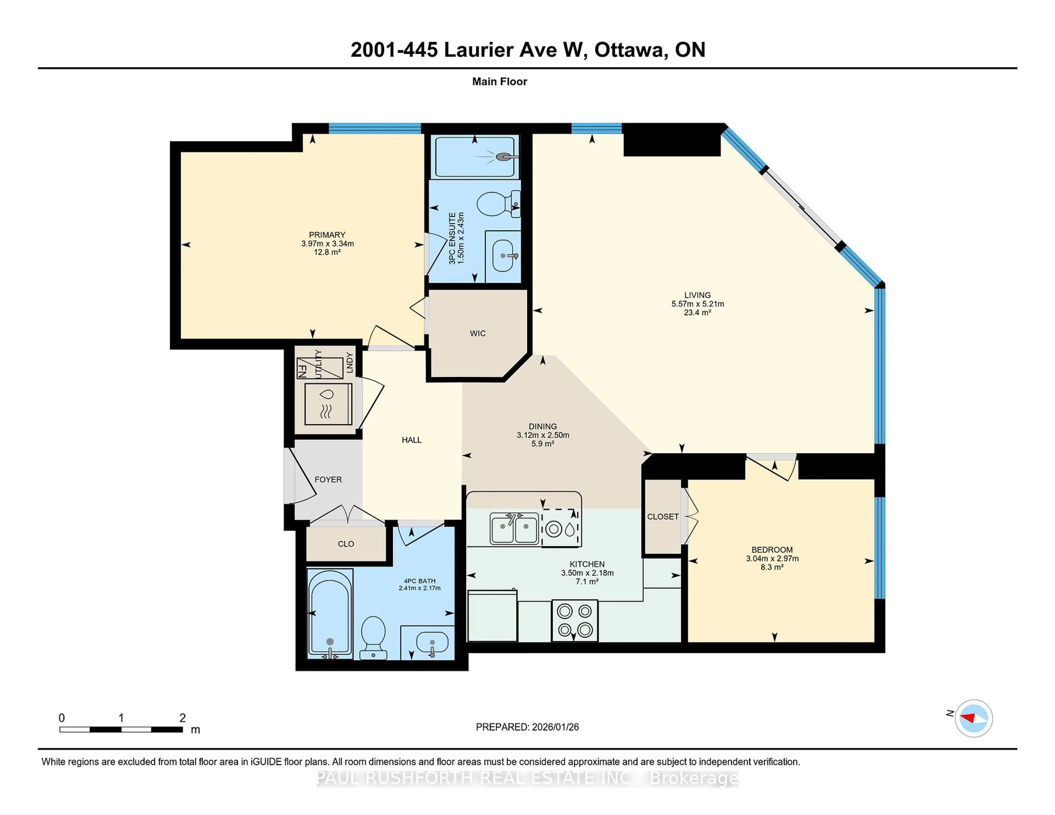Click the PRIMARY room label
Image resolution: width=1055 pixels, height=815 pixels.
pyautogui.click(x=327, y=235)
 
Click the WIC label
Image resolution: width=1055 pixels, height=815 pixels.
pyautogui.click(x=477, y=333)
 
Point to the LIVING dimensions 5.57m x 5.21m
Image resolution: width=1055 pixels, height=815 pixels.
pyautogui.click(x=697, y=304)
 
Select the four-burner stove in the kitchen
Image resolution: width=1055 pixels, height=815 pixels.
pyautogui.click(x=574, y=620)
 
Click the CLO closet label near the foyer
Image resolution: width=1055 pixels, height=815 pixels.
pyautogui.click(x=346, y=544)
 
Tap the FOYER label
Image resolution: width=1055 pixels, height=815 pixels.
pyautogui.click(x=328, y=479)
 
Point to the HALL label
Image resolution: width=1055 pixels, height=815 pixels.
pyautogui.click(x=412, y=440)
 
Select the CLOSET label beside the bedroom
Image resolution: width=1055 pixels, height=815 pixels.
pyautogui.click(x=663, y=517)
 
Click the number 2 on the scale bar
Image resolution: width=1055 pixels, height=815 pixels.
pyautogui.click(x=183, y=718)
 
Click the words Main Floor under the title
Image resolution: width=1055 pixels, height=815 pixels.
pyautogui.click(x=499, y=82)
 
